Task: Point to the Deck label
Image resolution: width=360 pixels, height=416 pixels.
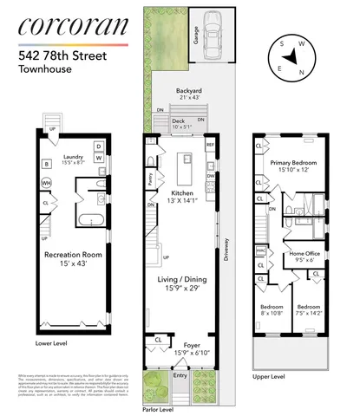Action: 178,122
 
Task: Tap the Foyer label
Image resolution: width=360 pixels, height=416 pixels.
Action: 181,347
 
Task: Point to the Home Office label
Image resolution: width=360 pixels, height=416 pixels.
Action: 304,256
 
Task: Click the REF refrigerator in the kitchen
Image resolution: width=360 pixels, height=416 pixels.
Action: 209,146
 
